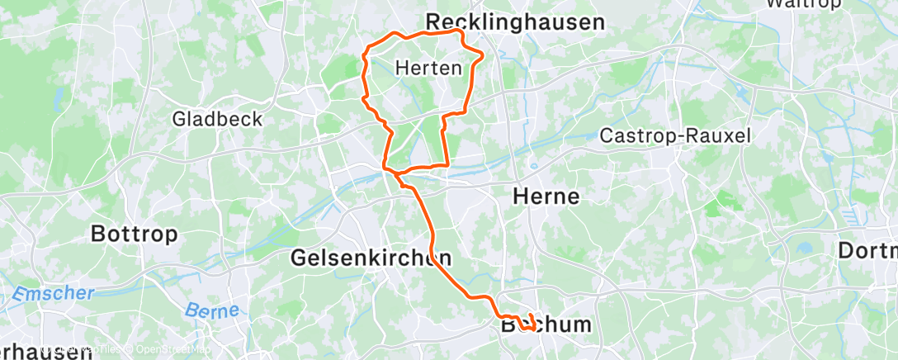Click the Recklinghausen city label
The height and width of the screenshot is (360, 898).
pyautogui.click(x=515, y=22)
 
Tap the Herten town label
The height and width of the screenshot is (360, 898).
pyautogui.click(x=428, y=68)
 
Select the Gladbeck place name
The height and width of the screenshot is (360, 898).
pyautogui.click(x=217, y=119)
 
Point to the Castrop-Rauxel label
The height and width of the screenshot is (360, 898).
pyautogui.click(x=675, y=135)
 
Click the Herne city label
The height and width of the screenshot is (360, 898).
pyautogui.click(x=546, y=197)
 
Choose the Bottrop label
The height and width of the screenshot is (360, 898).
pyautogui.click(x=134, y=234)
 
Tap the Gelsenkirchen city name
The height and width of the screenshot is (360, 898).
pyautogui.click(x=371, y=258)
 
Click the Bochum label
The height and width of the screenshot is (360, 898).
pyautogui.click(x=546, y=324)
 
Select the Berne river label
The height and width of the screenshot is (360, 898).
pyautogui.click(x=210, y=311)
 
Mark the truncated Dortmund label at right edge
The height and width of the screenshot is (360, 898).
pyautogui.click(x=867, y=250)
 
